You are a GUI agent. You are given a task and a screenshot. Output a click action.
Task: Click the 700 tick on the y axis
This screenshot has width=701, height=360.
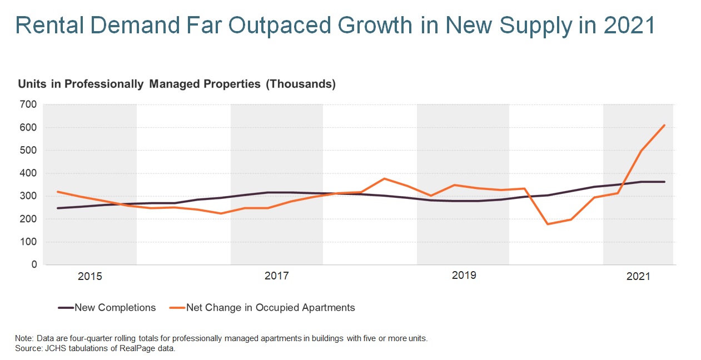tap(28, 104)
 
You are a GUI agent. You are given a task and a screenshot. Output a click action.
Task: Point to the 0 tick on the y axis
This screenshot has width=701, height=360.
tap(33, 265)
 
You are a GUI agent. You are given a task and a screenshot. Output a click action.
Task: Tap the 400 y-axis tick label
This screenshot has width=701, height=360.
tap(28, 173)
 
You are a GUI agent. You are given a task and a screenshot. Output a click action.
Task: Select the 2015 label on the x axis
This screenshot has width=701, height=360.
tap(90, 276)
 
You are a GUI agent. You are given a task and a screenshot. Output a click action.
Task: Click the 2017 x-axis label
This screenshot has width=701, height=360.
tap(276, 276)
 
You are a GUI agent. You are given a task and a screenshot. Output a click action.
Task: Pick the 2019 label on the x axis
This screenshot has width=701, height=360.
tap(463, 276)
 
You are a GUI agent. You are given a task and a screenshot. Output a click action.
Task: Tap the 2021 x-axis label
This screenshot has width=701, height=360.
tap(638, 276)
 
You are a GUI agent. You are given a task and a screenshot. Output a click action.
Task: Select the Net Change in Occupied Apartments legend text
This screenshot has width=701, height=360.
tap(270, 307)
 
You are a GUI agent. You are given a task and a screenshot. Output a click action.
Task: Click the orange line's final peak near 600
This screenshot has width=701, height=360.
tap(664, 125)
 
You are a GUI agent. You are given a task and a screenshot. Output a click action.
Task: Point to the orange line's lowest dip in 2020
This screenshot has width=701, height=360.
tap(548, 224)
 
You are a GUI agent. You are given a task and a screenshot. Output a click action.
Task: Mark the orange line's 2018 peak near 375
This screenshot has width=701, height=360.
tap(385, 178)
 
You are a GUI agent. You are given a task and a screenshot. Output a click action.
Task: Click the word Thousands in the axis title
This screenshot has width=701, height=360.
tap(301, 84)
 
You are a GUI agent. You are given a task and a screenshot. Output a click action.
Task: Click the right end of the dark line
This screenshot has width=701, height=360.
tap(664, 182)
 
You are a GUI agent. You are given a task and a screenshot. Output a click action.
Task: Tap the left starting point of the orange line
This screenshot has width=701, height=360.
tap(58, 192)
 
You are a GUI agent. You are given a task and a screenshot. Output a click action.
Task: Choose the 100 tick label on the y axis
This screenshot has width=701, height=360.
tap(28, 242)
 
